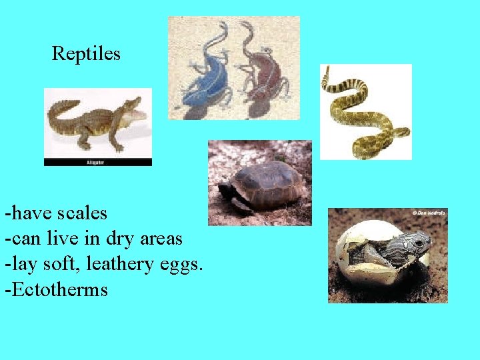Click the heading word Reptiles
[x=86, y=53]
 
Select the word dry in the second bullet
[x=120, y=239]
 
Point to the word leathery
[x=122, y=264]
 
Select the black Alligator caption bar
[x=97, y=162]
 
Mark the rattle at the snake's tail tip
[x=325, y=73]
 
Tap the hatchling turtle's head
[x=418, y=243]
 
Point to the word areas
[x=160, y=239]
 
